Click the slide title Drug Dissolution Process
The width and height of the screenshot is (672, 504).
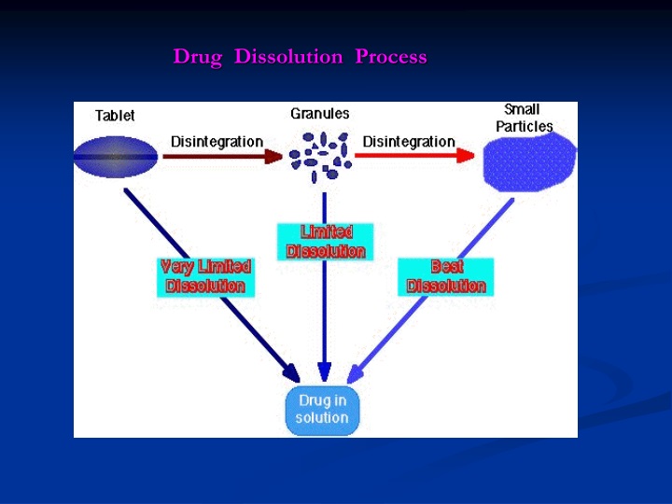tap(300, 57)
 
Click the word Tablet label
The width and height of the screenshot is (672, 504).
tap(115, 116)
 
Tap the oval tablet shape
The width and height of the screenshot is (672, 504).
tap(116, 157)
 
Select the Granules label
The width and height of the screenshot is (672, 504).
tap(320, 113)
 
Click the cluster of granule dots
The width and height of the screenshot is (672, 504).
tap(319, 155)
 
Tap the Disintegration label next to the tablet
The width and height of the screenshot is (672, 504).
tap(217, 141)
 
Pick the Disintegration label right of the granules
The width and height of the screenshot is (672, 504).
tap(409, 141)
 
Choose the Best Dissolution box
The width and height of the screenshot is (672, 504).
tap(446, 277)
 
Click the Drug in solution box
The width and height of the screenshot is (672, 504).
tap(322, 409)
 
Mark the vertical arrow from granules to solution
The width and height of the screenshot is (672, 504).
tap(324, 317)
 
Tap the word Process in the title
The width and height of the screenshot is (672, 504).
tap(391, 57)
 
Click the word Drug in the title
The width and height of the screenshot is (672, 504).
tap(198, 57)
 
